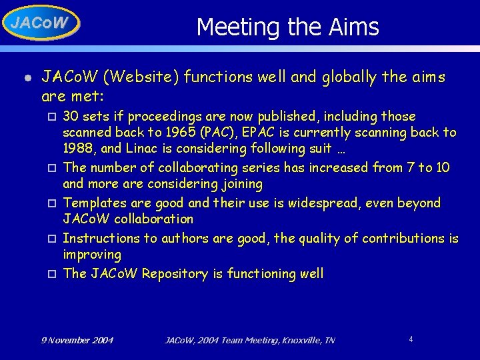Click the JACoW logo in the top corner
[x=40, y=23]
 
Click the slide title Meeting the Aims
[x=287, y=27]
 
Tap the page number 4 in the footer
[x=411, y=339]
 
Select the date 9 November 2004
[x=77, y=341]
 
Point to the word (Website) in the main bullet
[x=141, y=76]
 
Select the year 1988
[x=77, y=149]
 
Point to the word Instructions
[x=100, y=238]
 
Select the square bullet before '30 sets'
[x=52, y=117]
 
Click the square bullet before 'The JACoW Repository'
[x=52, y=274]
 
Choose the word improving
[x=92, y=255]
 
